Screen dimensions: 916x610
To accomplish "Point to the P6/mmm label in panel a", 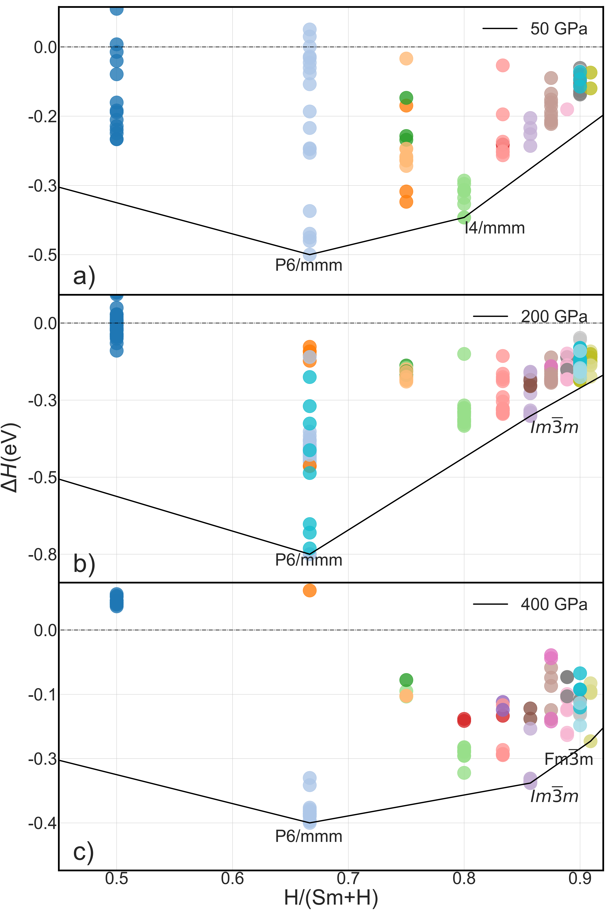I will pos(308,265).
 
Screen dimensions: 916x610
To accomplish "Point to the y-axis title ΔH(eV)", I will pos(11,458).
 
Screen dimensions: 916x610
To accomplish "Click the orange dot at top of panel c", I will pos(309,590).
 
